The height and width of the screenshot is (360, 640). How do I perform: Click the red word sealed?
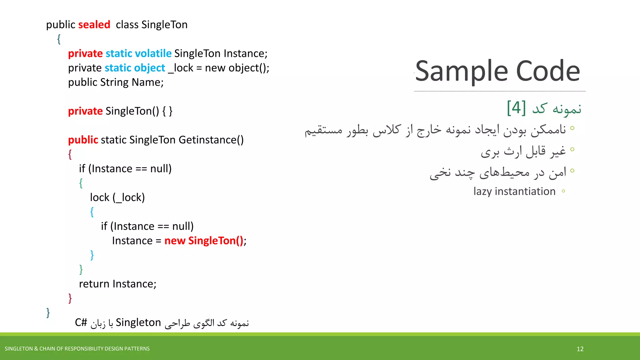click(94, 25)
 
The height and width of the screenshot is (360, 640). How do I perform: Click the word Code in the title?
click(548, 71)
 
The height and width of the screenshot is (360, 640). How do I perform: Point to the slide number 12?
click(580, 349)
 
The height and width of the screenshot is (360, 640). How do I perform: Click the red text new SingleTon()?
click(204, 241)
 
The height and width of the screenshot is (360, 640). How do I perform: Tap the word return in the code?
click(94, 284)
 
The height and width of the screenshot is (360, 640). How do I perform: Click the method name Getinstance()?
click(211, 140)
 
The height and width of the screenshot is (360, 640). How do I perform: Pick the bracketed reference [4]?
click(516, 108)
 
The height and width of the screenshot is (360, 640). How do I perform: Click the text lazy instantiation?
click(514, 191)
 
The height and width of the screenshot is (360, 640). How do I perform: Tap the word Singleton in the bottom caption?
click(138, 322)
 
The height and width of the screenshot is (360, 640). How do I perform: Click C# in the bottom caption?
click(81, 322)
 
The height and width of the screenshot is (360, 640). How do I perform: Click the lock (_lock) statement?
click(117, 197)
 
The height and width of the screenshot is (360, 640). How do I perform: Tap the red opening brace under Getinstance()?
click(70, 154)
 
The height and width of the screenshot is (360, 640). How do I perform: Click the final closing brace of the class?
click(48, 312)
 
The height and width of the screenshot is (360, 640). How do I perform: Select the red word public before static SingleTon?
click(83, 140)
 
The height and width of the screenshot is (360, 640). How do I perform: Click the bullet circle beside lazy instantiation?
click(563, 191)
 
